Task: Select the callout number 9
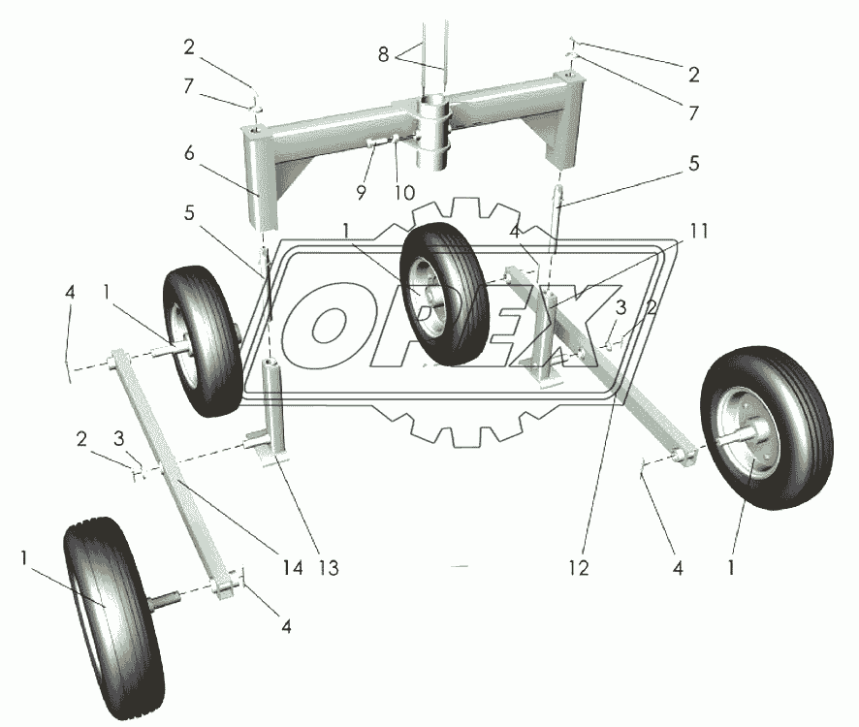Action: (x=360, y=193)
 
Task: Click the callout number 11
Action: (x=699, y=232)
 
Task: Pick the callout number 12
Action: (x=579, y=569)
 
